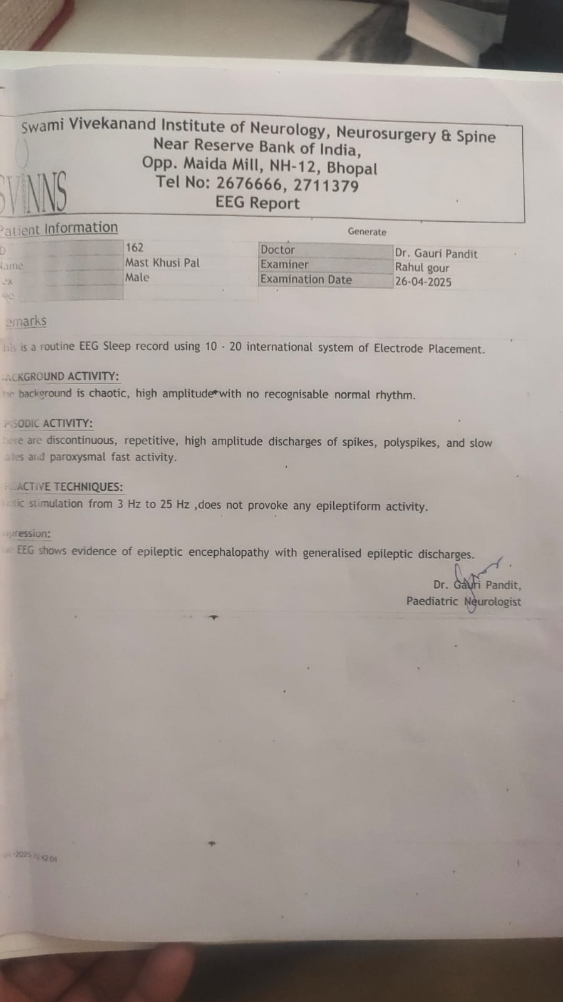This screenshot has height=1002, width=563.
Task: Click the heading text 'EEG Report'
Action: (x=257, y=203)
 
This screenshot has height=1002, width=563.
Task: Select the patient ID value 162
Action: (x=134, y=248)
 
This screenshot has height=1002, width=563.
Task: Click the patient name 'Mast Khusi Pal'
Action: (x=162, y=263)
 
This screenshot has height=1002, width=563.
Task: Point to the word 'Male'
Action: (x=137, y=278)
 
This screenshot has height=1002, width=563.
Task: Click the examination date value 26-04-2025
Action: (x=423, y=282)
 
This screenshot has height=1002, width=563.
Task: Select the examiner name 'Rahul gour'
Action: (x=421, y=268)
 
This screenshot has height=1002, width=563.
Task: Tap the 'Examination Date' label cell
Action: (x=306, y=279)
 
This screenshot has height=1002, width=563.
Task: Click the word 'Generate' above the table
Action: (x=367, y=231)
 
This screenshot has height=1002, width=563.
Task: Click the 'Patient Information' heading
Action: (x=59, y=229)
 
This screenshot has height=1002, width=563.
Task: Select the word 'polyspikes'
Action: (x=411, y=442)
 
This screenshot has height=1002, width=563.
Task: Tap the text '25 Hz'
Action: (x=175, y=504)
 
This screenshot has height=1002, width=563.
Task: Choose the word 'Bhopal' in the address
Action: (x=352, y=169)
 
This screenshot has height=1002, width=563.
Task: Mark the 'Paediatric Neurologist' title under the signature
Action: (x=463, y=602)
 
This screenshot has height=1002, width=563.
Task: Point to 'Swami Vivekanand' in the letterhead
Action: (x=88, y=125)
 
